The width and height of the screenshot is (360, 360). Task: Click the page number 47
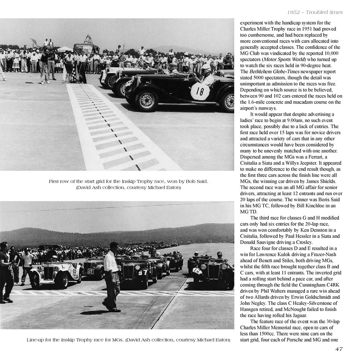[338, 349]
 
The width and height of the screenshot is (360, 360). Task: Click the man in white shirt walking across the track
[112, 277]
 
